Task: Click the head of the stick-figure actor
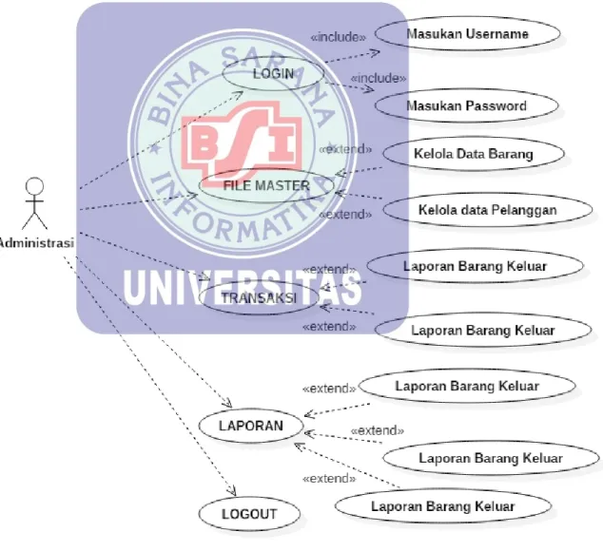34,187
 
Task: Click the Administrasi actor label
36,243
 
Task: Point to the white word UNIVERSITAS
243,288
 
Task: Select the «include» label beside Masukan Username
339,37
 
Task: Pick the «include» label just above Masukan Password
379,79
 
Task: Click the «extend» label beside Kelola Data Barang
345,149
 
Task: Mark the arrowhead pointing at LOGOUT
232,491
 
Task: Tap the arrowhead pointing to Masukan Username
375,53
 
